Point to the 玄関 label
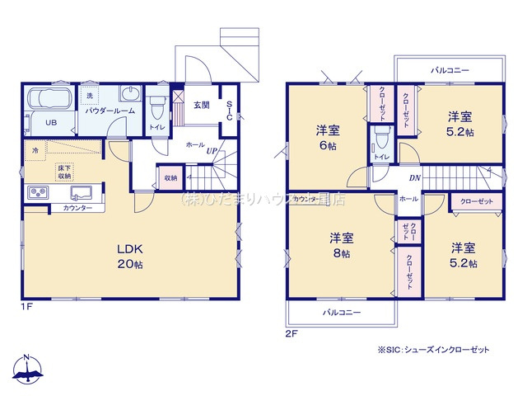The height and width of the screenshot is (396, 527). tap(202, 105)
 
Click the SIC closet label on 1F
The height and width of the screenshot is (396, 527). tap(229, 111)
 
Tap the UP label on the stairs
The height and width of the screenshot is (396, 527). tap(212, 151)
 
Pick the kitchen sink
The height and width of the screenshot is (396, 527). tap(82, 194)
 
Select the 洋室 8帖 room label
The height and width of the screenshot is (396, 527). tap(342, 245)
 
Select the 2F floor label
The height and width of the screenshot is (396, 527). tap(290, 333)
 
